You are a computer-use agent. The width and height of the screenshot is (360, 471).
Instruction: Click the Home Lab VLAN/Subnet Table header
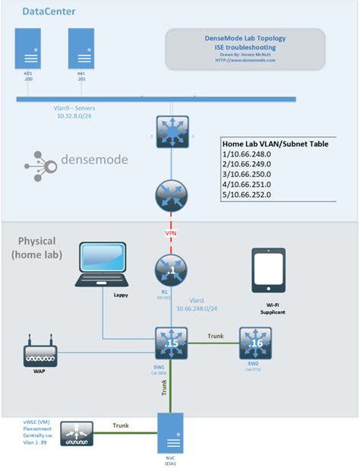[275, 143]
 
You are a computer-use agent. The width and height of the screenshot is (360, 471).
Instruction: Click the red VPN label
[172, 234]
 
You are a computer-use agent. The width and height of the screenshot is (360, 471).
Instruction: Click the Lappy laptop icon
[102, 264]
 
